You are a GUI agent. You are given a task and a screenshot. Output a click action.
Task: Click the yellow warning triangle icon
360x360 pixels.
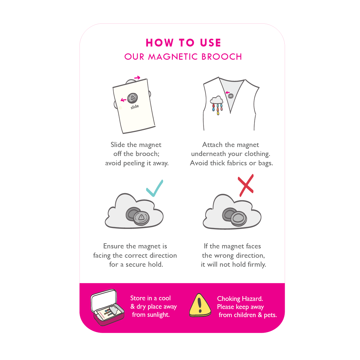coord(200,306)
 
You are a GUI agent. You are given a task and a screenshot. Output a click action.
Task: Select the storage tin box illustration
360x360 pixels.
coord(107,307)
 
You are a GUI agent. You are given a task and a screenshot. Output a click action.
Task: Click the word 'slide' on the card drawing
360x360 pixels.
coord(135,107)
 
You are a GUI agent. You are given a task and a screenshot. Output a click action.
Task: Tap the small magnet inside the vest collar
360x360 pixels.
coord(231,96)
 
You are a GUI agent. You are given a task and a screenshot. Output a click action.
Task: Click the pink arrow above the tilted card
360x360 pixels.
coord(137,77)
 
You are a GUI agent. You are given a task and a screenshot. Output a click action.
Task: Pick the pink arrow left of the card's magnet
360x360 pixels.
coord(124,100)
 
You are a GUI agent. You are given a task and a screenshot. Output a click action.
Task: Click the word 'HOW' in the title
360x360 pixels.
coord(160,43)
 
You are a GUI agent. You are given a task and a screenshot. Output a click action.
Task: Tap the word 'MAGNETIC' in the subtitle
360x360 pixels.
coord(173,57)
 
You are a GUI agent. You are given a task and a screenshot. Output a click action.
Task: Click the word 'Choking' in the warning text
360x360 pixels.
coord(229,299)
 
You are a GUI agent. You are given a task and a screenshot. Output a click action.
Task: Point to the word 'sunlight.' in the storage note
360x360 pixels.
coord(158,315)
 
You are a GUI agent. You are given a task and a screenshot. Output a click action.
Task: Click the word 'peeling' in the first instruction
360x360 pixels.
coord(134,163)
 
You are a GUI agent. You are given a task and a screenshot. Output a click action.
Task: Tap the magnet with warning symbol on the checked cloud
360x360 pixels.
coord(141,218)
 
